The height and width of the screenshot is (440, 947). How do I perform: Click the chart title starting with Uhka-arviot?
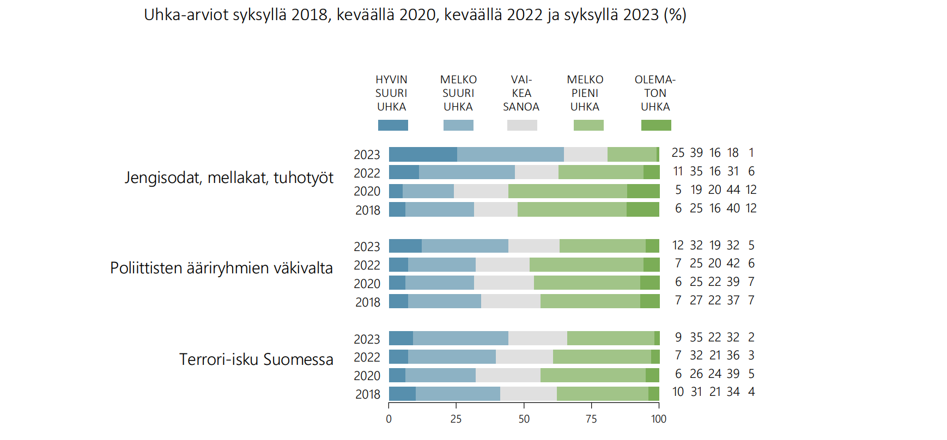(415, 15)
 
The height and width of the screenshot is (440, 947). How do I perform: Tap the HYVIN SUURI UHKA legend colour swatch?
(393, 125)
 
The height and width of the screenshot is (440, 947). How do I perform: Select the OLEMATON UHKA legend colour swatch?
(656, 125)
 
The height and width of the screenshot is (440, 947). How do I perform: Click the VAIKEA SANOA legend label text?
(521, 93)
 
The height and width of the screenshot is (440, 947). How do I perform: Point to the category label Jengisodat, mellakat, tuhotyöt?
(229, 178)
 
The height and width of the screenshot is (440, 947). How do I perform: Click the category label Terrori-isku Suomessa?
(256, 359)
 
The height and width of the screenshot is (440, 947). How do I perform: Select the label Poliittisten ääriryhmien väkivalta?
(221, 268)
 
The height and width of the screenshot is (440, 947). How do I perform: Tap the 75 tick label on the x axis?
(591, 419)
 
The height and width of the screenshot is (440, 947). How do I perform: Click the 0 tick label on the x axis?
(388, 419)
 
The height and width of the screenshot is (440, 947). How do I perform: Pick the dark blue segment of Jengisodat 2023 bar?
(423, 154)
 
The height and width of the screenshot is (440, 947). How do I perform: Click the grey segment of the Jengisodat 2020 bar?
(481, 191)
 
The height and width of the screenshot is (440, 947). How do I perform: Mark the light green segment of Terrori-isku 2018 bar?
(602, 394)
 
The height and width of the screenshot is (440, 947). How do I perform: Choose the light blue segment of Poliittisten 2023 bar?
(465, 246)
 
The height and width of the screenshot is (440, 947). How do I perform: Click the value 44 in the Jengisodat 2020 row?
(733, 190)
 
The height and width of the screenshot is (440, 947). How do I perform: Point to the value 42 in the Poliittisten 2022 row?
(733, 264)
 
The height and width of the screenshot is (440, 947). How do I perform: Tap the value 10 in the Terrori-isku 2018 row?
(678, 392)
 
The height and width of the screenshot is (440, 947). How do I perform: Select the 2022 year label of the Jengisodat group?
(367, 173)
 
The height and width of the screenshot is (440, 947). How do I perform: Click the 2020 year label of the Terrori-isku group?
(367, 376)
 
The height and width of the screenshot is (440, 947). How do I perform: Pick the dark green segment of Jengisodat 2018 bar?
(643, 210)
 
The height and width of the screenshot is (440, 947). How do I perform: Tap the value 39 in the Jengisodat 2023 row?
(696, 152)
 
